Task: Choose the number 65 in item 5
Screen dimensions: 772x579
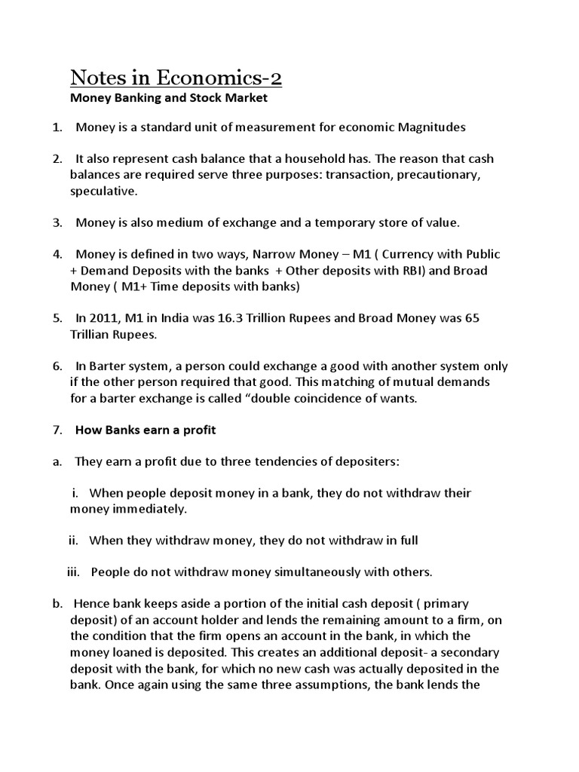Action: [472, 318]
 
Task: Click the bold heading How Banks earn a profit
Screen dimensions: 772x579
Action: [146, 430]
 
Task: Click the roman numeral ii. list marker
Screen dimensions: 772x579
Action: [74, 541]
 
